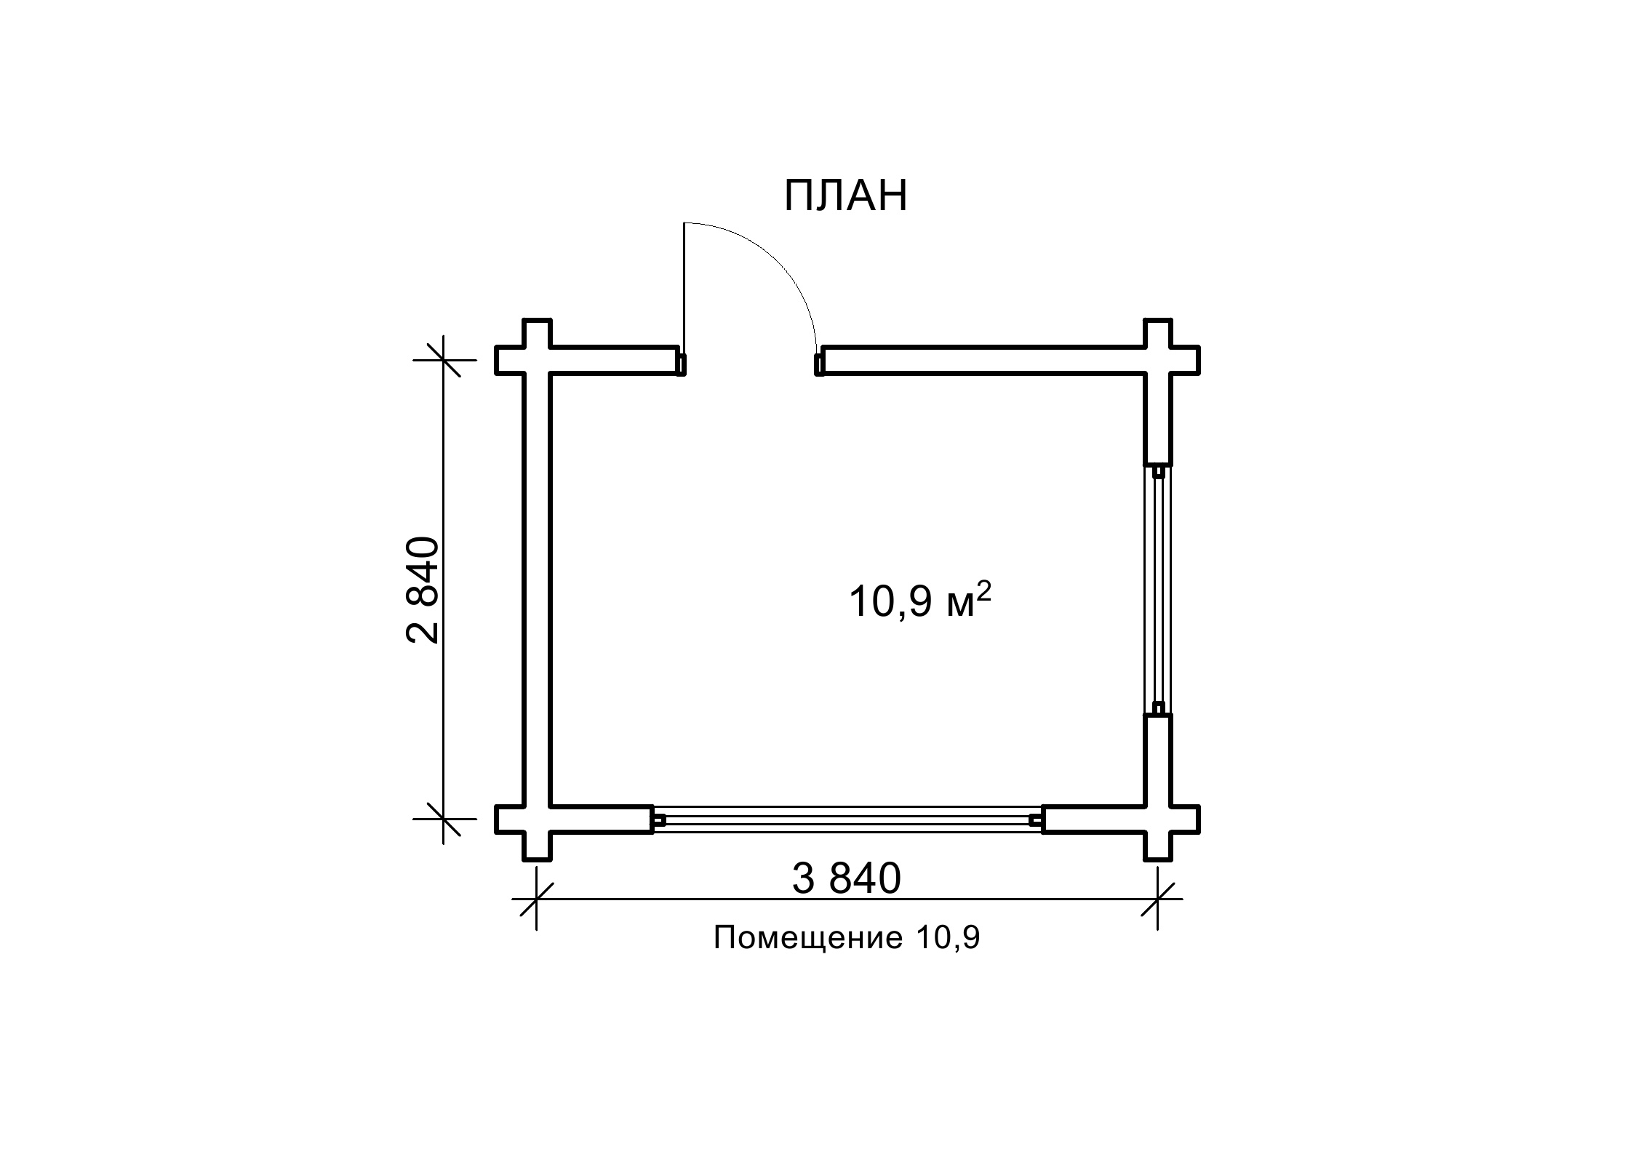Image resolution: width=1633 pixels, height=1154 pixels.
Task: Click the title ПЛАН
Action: point(846,196)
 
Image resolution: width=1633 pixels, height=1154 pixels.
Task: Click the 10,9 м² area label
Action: point(919,601)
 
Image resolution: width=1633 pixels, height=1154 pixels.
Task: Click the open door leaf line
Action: point(684,288)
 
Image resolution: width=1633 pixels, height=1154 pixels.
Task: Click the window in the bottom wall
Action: point(847,819)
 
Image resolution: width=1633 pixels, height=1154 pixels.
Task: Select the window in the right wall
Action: point(1158,589)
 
